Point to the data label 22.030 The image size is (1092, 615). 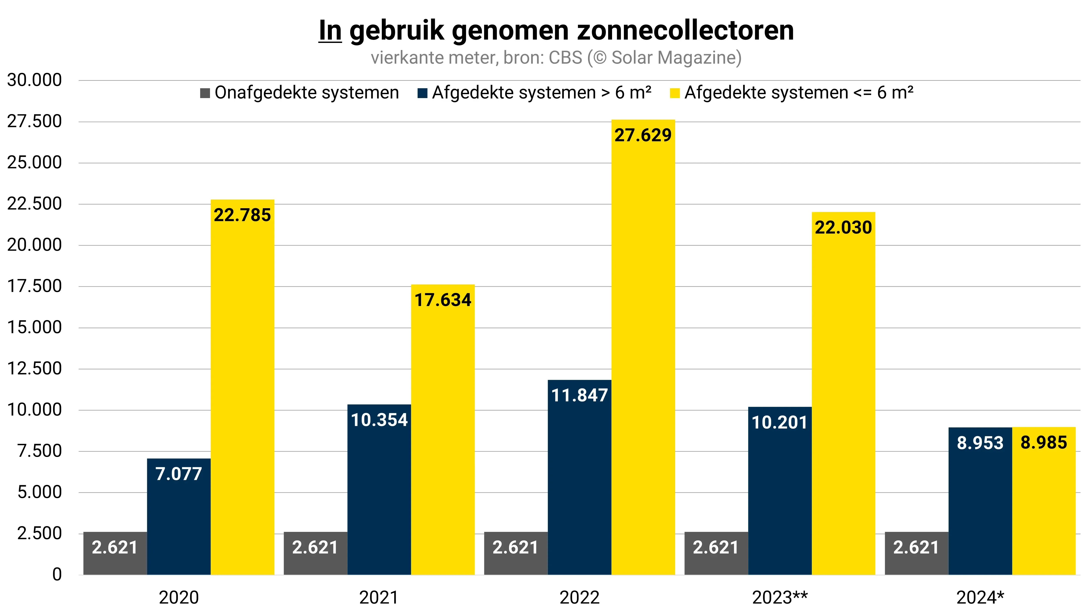[843, 228]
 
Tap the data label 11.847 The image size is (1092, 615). [579, 395]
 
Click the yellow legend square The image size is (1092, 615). [674, 93]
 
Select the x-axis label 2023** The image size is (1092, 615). [780, 598]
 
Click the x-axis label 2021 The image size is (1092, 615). [379, 598]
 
